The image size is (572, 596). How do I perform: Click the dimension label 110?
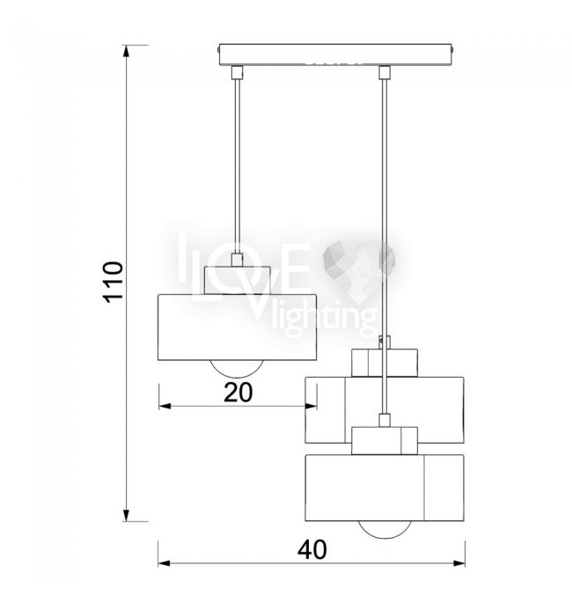[114, 282]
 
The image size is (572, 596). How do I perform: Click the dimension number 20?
[238, 393]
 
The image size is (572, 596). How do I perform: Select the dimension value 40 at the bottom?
[312, 549]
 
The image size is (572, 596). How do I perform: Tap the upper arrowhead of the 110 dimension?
[126, 52]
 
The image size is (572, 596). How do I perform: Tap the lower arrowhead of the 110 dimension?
[126, 515]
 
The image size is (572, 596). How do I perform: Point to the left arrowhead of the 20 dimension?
[165, 407]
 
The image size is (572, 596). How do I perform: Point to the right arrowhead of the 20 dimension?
[311, 407]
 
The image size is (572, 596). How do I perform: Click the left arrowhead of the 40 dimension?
[165, 563]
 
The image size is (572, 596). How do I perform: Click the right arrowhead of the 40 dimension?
[458, 563]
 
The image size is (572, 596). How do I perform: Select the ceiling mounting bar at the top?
[335, 55]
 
